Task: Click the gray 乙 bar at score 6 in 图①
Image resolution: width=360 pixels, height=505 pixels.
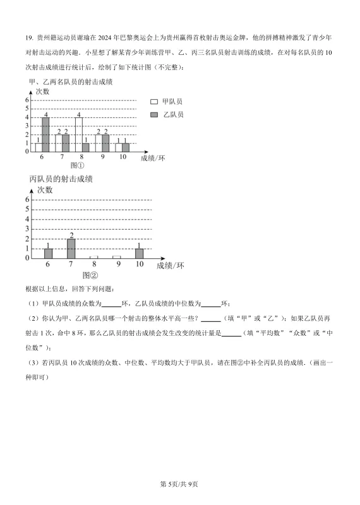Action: [45, 134]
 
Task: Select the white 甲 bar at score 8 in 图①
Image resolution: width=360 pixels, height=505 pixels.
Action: [78, 134]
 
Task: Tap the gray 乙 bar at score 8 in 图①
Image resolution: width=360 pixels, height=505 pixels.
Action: [86, 147]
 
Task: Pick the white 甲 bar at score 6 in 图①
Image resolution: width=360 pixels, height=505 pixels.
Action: [39, 147]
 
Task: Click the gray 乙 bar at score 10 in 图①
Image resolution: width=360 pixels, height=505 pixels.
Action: [125, 147]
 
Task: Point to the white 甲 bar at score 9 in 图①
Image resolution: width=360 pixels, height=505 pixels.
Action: [99, 143]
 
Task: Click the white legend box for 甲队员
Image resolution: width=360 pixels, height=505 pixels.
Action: [154, 102]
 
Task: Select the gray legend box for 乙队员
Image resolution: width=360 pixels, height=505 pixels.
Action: [154, 114]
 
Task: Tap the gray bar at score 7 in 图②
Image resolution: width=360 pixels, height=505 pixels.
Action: [71, 248]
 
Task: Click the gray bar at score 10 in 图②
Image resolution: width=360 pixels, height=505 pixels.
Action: [139, 253]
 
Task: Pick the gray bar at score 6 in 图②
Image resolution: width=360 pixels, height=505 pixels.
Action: [49, 253]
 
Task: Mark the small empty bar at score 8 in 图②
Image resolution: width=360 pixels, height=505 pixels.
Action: [93, 257]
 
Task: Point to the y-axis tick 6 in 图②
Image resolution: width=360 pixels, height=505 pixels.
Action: [28, 199]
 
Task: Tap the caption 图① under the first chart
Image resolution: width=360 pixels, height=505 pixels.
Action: [77, 165]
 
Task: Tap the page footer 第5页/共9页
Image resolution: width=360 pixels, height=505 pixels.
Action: [179, 484]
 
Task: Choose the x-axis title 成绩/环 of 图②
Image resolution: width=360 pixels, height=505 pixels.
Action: [170, 266]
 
